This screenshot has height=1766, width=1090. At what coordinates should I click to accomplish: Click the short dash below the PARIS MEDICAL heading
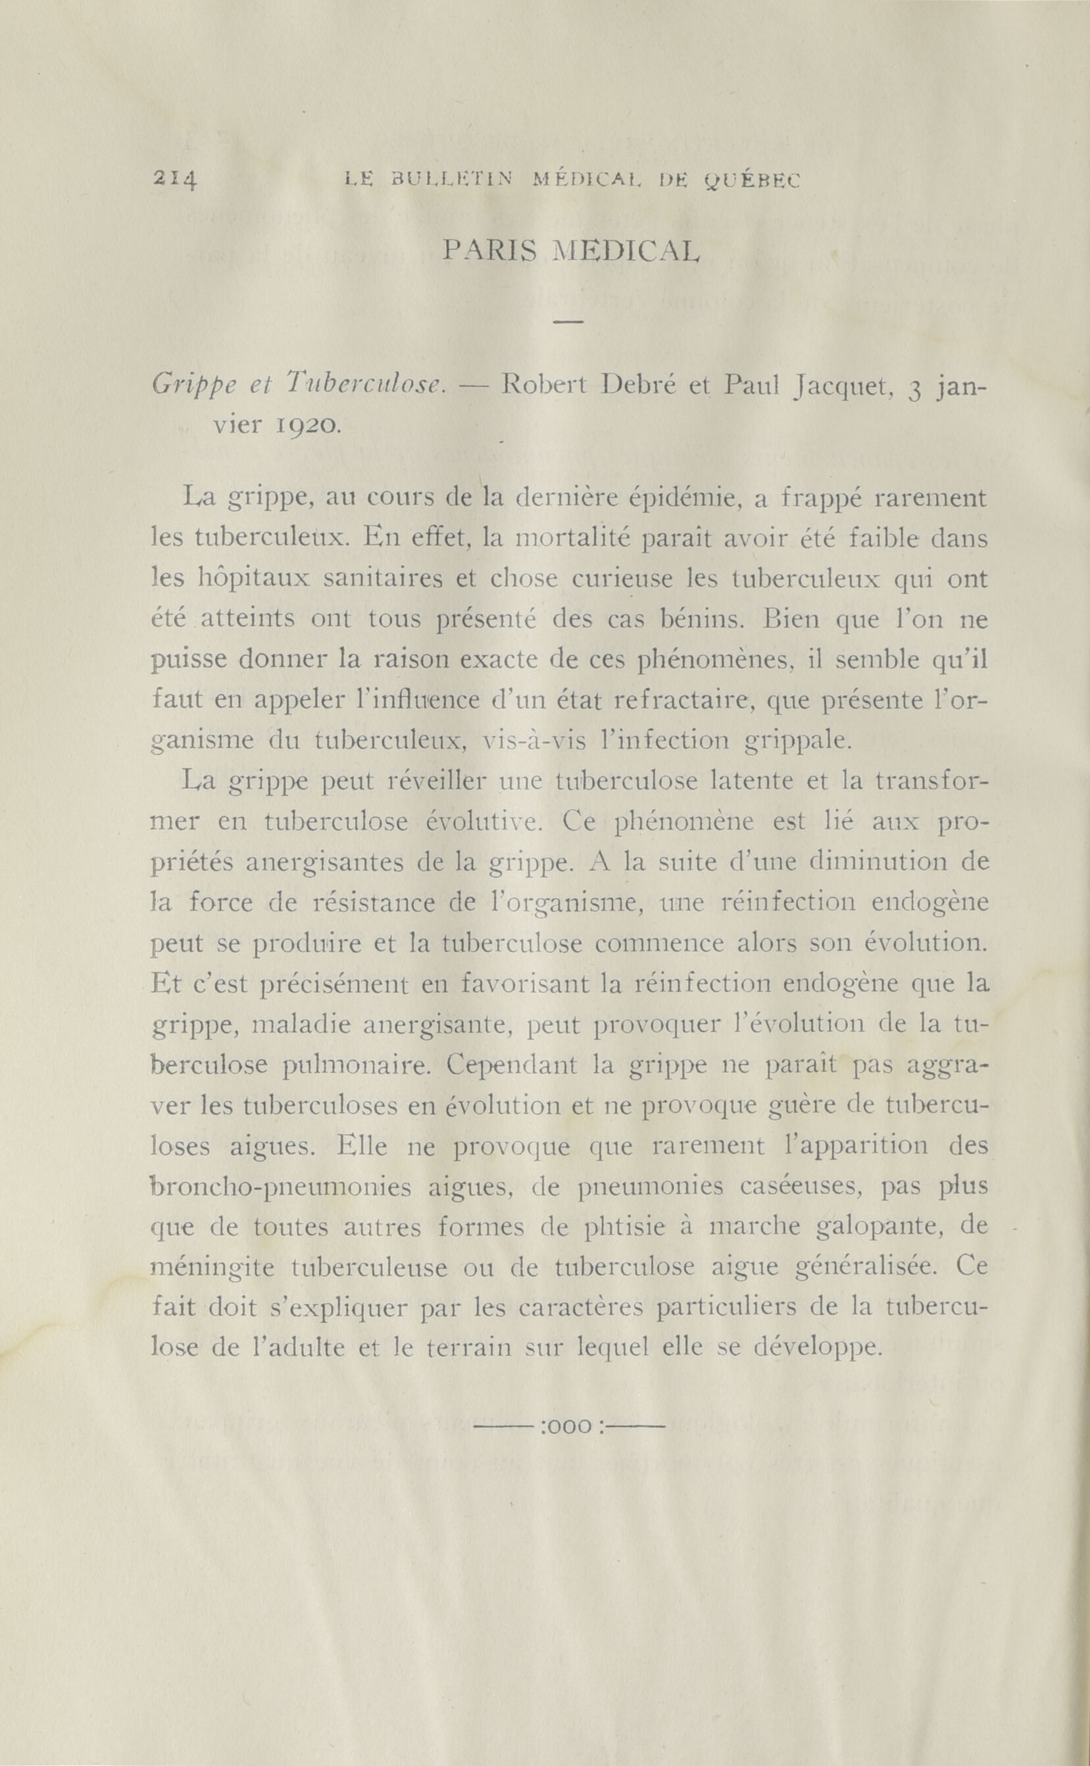[568, 321]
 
